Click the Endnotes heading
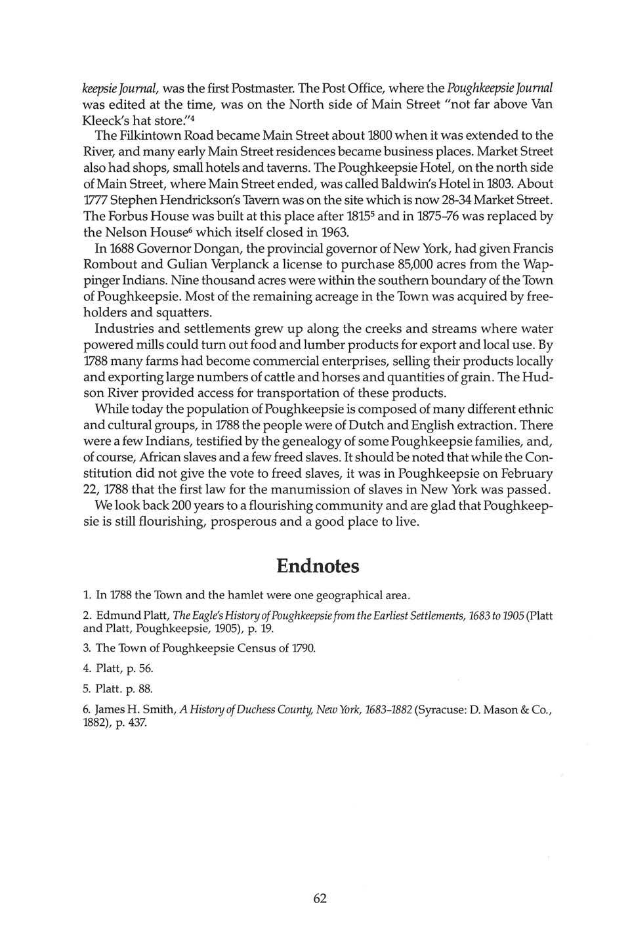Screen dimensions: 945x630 pos(318,566)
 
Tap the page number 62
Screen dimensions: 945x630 pos(320,898)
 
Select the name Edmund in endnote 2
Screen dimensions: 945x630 pos(117,617)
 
